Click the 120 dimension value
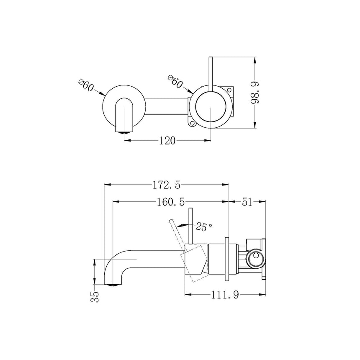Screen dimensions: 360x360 pos(167,141)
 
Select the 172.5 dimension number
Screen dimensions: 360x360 pos(167,183)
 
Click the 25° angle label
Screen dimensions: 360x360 pos(204,227)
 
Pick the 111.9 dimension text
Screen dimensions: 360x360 pos(225,295)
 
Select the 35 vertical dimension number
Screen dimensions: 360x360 pos(95,297)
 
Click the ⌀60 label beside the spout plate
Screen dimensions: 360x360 pos(86,86)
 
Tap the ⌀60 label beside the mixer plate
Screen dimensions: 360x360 pos(175,81)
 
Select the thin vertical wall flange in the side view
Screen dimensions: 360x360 pos(227,260)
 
